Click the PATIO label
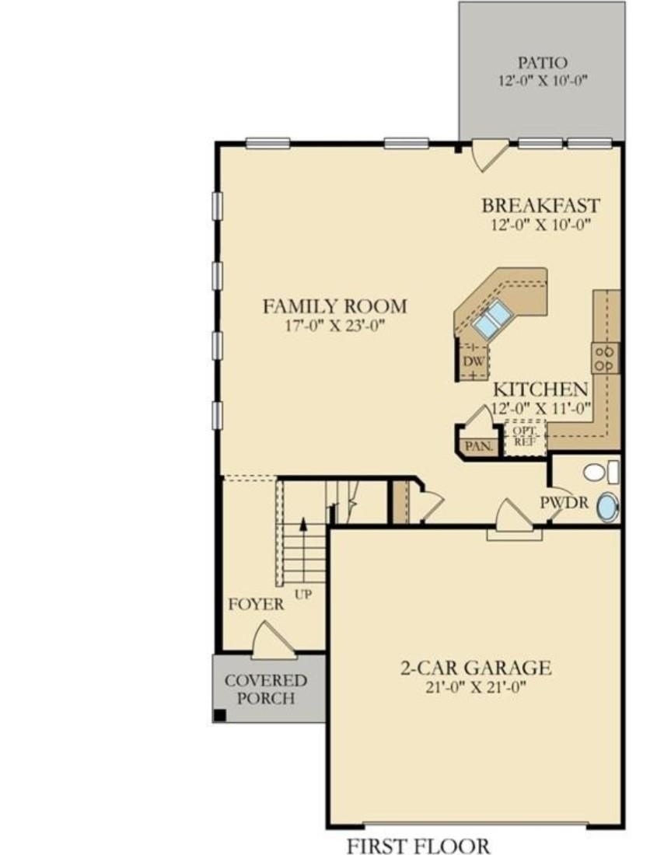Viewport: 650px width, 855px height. (542, 63)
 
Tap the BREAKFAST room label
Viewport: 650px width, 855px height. (540, 205)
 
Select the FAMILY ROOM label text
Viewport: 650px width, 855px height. (335, 306)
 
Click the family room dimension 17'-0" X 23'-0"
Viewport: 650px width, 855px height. (335, 326)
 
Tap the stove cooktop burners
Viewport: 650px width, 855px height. (606, 358)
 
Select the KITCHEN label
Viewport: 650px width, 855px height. (540, 389)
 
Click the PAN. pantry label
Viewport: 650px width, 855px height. (479, 446)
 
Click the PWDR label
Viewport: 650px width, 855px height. (564, 502)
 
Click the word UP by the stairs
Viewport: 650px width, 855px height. (303, 594)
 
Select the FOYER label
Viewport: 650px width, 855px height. (256, 604)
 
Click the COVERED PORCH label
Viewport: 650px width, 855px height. (266, 689)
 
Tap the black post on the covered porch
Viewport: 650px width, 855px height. (219, 715)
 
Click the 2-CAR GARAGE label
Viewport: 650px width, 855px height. (476, 668)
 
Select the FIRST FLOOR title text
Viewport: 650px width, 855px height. (418, 846)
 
